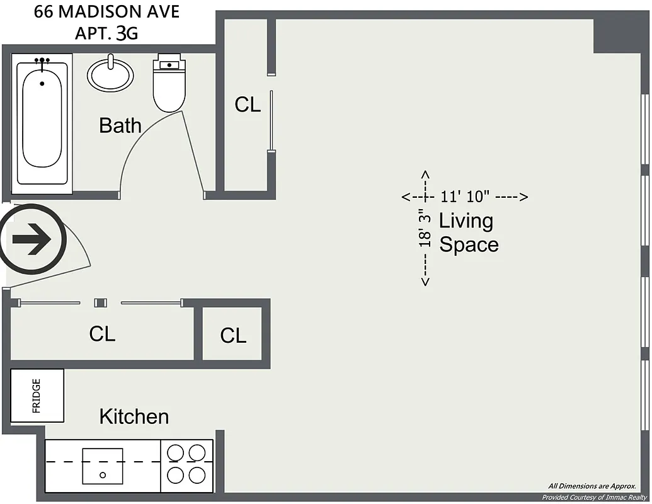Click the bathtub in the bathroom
point(42,120)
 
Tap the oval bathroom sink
point(110,74)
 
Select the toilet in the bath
point(169,84)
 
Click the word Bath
point(120,125)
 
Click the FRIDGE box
point(37,396)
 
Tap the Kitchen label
point(134,416)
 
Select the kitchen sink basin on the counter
point(103,466)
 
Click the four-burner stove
point(188,464)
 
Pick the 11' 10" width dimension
point(465,197)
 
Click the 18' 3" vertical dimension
point(426,227)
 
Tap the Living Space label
point(468,232)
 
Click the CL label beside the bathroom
point(248,105)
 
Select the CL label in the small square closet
point(233,336)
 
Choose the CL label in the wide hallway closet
point(102,334)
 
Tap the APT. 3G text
point(106,33)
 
